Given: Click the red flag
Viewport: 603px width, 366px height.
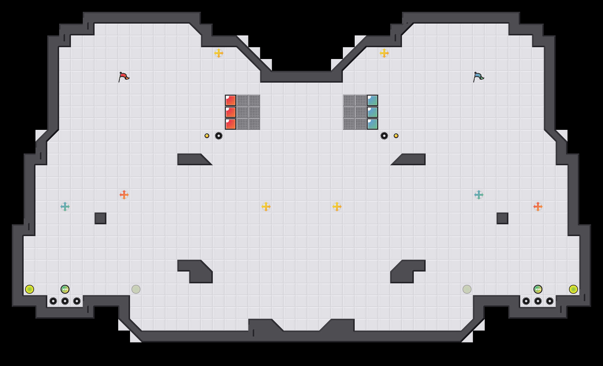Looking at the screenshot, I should (124, 77).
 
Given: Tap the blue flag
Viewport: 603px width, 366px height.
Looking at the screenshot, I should (478, 77).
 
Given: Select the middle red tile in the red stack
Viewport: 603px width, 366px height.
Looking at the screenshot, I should (231, 112).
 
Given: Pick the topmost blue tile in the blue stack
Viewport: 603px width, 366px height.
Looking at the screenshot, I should (372, 100).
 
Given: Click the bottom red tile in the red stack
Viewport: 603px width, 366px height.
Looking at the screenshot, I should (231, 124).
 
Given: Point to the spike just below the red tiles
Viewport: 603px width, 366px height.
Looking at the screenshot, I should (219, 136).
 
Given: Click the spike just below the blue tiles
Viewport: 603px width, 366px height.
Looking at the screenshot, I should (384, 136).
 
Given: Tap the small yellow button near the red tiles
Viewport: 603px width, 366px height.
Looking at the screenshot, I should (207, 136).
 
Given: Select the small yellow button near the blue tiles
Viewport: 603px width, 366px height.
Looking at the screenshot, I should (396, 136).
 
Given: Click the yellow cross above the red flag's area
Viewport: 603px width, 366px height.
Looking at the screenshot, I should (219, 53).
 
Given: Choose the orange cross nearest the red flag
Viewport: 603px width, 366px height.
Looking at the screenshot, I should (124, 195).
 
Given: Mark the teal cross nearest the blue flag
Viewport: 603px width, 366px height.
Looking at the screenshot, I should (479, 195).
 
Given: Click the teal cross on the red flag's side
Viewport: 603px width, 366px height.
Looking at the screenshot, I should (65, 207).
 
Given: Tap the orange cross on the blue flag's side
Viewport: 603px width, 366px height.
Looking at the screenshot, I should (538, 207).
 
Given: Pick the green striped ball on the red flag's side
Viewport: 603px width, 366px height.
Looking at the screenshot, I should (65, 289).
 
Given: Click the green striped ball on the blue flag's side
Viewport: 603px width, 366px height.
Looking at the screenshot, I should (538, 289).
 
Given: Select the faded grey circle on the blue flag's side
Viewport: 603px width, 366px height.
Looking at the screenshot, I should (467, 289).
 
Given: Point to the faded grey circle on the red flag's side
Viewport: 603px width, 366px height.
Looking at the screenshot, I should (136, 289).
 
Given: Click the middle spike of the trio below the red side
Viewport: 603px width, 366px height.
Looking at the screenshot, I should (65, 301).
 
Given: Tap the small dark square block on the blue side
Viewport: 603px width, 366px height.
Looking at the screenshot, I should (502, 218).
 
